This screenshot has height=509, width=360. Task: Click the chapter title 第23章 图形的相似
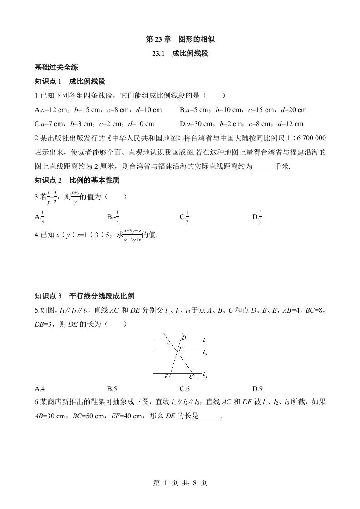180,39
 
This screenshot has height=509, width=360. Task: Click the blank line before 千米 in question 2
263,166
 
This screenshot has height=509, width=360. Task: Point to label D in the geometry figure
184,338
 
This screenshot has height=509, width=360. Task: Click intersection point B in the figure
181,349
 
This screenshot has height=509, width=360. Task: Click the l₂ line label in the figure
205,352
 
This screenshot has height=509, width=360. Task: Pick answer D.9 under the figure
257,389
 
